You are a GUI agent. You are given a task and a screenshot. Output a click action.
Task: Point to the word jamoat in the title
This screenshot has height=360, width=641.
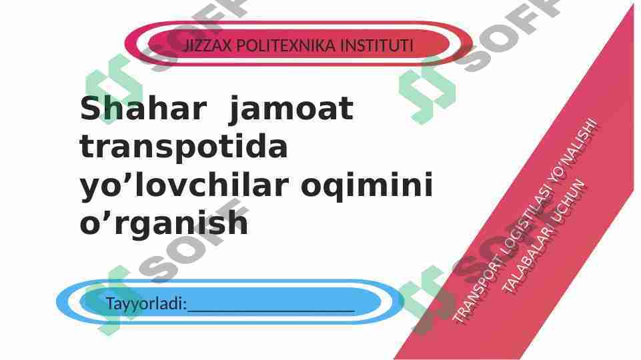click(290, 109)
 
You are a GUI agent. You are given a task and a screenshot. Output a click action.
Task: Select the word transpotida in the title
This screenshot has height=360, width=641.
click(184, 147)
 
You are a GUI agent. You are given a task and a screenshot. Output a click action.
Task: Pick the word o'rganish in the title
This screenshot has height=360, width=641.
click(164, 223)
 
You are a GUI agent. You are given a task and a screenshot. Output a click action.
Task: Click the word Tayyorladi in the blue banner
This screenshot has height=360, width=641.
click(145, 304)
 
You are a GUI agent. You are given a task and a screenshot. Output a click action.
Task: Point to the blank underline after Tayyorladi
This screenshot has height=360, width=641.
click(270, 307)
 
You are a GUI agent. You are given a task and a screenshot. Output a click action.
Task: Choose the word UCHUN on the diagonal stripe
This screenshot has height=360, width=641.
click(573, 200)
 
